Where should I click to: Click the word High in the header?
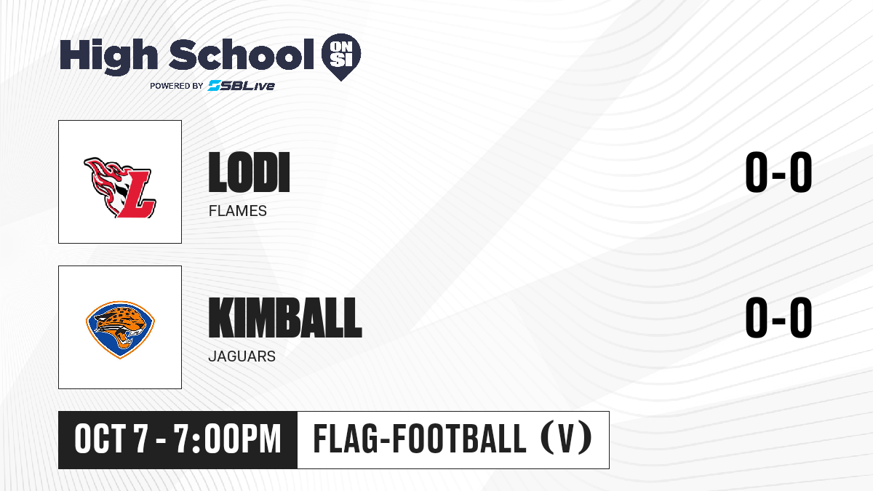[x=108, y=57]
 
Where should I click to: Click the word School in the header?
[x=242, y=54]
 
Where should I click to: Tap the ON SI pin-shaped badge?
[x=341, y=57]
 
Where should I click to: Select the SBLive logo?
[x=241, y=86]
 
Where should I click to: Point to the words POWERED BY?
[x=177, y=86]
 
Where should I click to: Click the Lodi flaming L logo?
[x=120, y=188]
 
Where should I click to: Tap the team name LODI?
[x=249, y=172]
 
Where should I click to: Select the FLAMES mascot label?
[x=238, y=211]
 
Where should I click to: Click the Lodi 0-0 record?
[x=778, y=172]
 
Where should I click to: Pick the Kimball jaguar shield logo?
[x=120, y=330]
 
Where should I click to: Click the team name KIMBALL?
[x=285, y=318]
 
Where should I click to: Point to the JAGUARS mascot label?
[x=242, y=356]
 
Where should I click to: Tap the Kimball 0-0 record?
[x=778, y=317]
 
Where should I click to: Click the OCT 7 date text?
[x=111, y=439]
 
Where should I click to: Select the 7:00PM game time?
[x=227, y=439]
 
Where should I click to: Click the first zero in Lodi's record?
[x=757, y=172]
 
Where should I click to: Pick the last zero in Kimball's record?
[x=801, y=317]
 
